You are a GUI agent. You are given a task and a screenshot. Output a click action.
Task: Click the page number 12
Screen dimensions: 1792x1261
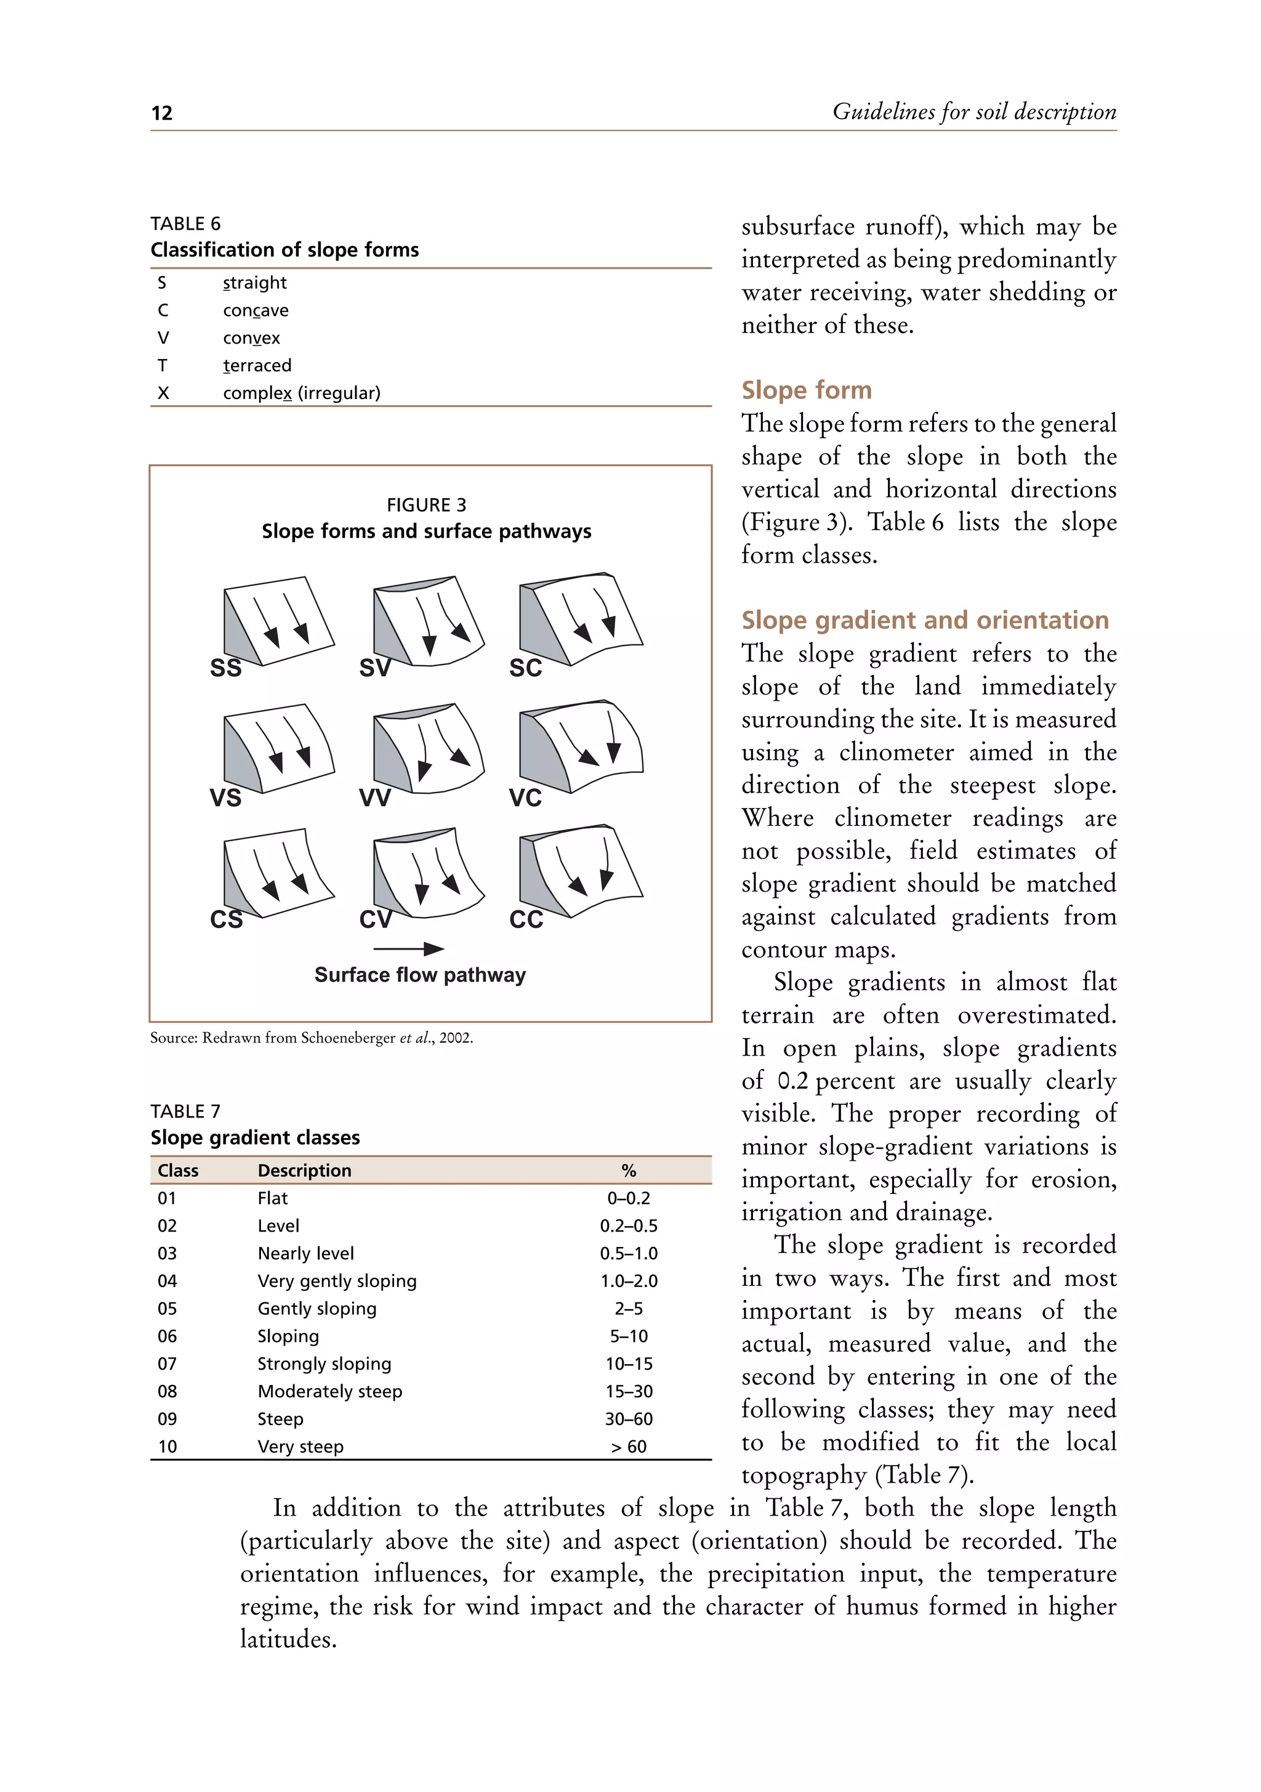click(x=161, y=113)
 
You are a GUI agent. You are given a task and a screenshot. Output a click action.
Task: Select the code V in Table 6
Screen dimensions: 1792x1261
click(x=163, y=338)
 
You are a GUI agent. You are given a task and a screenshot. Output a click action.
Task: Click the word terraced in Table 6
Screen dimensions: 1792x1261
click(x=257, y=365)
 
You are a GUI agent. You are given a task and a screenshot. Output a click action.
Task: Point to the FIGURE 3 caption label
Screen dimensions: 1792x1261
click(x=426, y=505)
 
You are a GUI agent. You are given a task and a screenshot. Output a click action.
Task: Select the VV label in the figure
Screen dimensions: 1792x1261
click(x=374, y=797)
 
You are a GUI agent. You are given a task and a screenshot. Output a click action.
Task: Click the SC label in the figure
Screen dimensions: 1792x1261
click(x=525, y=668)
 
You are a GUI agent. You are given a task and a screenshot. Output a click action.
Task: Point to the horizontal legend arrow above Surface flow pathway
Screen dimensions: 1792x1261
click(x=408, y=949)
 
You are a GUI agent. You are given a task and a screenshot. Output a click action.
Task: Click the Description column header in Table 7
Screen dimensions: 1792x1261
click(x=304, y=1170)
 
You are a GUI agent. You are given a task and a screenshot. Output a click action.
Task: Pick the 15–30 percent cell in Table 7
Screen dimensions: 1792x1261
click(x=628, y=1391)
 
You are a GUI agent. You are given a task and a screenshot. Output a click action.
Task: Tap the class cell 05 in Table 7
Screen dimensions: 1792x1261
click(x=167, y=1308)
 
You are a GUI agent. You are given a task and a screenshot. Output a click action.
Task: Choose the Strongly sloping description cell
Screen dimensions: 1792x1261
click(x=324, y=1363)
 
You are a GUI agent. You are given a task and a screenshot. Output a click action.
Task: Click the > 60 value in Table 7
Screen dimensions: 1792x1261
click(x=628, y=1447)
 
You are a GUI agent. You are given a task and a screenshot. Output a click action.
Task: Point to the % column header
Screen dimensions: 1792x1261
click(x=628, y=1170)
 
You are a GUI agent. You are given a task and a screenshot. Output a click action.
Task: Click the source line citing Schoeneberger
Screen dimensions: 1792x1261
click(x=312, y=1038)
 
